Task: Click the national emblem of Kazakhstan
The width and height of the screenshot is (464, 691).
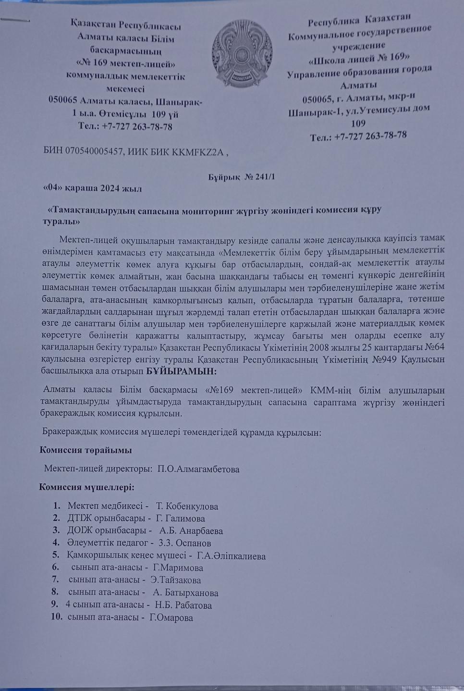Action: coord(242,54)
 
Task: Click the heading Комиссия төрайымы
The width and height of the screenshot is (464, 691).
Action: coord(85,450)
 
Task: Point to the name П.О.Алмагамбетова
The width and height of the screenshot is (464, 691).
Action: coord(198,469)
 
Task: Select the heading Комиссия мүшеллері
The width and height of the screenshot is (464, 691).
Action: coord(86,487)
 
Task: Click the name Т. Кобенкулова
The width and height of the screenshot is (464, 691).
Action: coord(187,506)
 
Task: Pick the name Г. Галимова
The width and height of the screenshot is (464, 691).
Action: coord(181,519)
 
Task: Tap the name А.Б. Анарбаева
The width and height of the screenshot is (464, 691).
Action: coord(191,531)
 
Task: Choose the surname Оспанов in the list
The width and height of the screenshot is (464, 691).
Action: coord(193,543)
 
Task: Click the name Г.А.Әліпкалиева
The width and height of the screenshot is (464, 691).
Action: coord(231,556)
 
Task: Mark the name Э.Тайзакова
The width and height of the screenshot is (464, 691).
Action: coord(175,580)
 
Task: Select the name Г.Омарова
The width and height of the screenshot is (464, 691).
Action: coord(171,618)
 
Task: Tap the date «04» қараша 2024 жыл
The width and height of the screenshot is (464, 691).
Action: coord(92,188)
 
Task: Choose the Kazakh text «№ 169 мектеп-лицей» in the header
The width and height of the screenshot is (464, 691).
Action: coord(125,63)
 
